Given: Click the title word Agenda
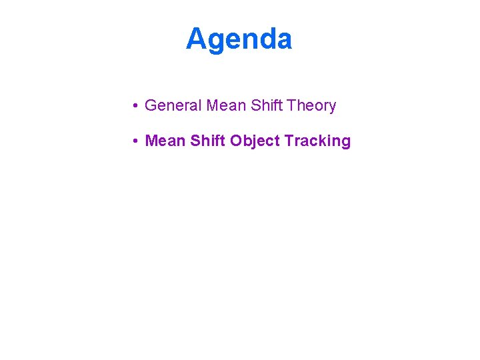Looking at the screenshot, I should [x=239, y=39].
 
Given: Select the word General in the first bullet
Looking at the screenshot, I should [x=173, y=105].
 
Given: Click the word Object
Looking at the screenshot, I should [x=255, y=141].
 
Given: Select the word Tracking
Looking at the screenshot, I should [x=317, y=141].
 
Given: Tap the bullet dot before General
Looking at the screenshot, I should [x=135, y=106].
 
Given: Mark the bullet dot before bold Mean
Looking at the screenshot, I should [x=135, y=141].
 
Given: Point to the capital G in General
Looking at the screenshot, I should [x=150, y=105].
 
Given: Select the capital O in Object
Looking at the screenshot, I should [x=236, y=141].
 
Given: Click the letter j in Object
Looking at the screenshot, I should [x=257, y=141].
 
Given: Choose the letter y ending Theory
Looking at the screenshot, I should [x=332, y=107].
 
